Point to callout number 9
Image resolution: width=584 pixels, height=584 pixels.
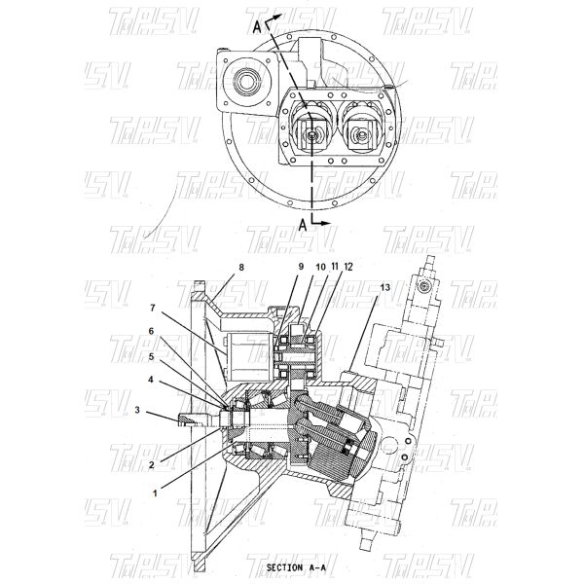coord(300,265)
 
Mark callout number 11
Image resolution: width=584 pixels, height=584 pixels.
coord(335,265)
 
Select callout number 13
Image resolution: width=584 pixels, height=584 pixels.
coord(387,287)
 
